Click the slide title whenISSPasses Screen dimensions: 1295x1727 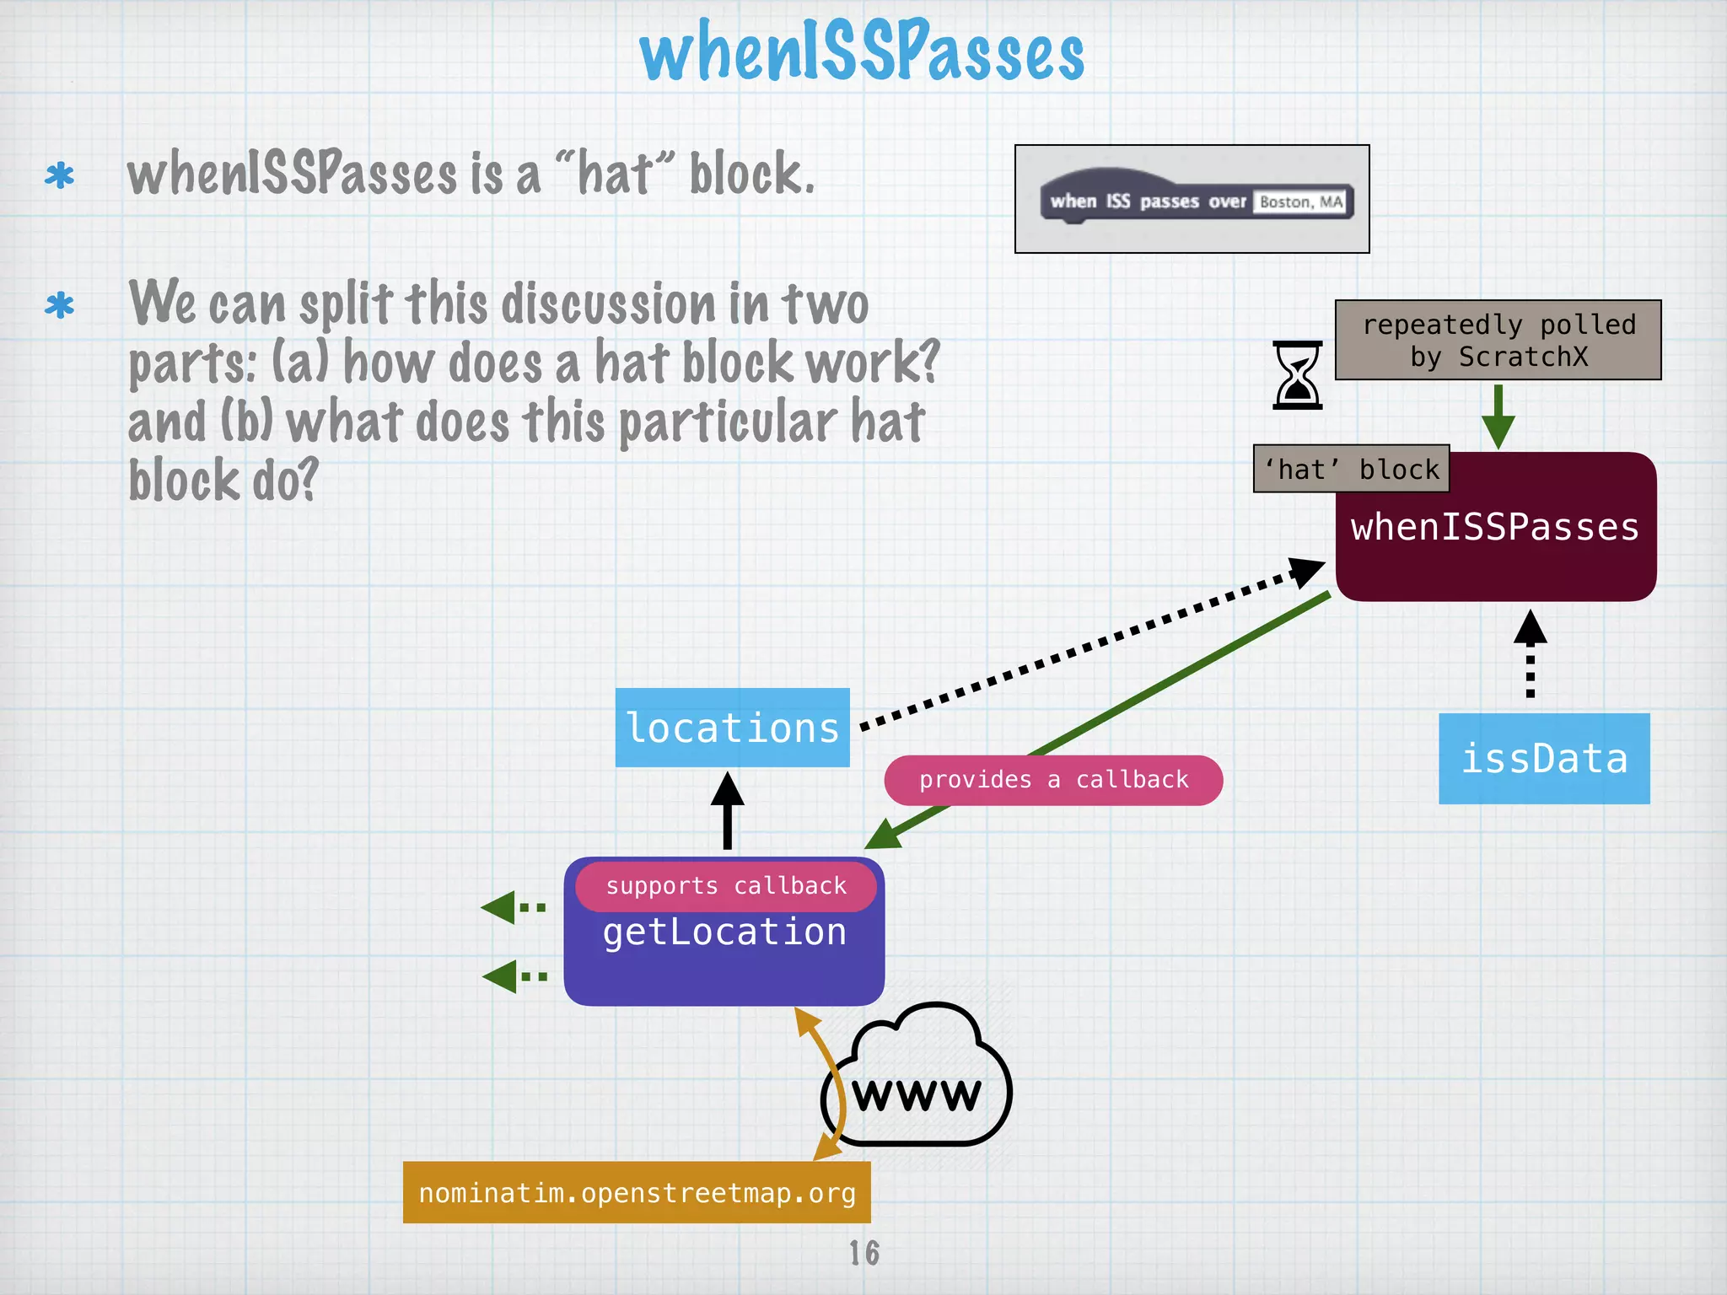click(862, 52)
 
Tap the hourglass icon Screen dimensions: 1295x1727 click(1297, 375)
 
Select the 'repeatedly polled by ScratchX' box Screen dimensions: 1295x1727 click(1498, 340)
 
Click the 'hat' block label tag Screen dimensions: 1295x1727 click(1351, 469)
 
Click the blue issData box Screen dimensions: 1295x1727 click(1543, 758)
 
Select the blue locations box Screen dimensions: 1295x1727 click(732, 728)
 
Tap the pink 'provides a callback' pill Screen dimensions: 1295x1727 click(1053, 780)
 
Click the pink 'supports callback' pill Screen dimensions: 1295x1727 click(725, 885)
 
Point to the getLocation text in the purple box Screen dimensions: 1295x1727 click(724, 932)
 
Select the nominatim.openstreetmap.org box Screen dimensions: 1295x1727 click(637, 1192)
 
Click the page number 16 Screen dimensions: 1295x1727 click(863, 1253)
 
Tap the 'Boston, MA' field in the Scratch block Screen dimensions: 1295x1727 click(1301, 202)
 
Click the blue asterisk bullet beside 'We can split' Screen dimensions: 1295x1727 click(59, 305)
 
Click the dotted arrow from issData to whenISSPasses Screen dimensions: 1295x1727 click(1530, 653)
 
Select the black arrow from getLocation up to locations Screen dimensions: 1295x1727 click(727, 810)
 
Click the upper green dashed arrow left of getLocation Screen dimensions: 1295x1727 click(514, 907)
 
